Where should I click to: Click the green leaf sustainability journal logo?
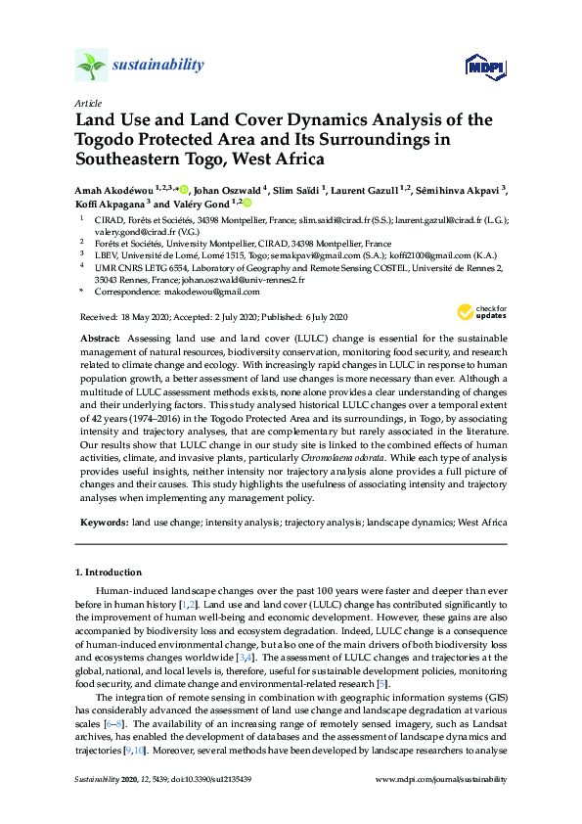90,66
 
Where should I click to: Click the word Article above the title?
87,103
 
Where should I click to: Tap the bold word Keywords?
102,524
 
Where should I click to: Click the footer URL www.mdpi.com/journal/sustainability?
441,780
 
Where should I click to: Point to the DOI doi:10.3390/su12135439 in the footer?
212,780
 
